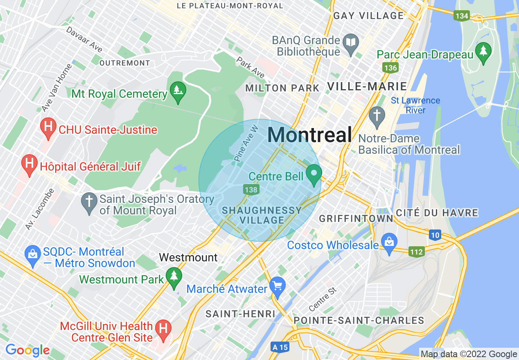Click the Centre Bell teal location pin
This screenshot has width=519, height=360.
tap(314, 174)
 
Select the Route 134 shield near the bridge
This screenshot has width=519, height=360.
tap(461, 16)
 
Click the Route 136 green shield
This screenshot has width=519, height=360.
tap(390, 67)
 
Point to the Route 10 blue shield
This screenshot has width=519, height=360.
tap(436, 235)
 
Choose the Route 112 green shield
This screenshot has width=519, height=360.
tap(416, 252)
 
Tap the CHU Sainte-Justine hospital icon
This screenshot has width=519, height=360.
tap(48, 128)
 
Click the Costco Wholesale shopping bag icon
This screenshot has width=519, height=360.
tap(388, 243)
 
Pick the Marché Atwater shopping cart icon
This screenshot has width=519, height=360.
tap(278, 288)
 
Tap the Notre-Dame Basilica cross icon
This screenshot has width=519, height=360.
tap(376, 115)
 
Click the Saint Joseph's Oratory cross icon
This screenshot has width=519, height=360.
tap(89, 203)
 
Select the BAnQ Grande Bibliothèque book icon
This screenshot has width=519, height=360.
tap(351, 44)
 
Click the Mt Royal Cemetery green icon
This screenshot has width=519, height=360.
tap(178, 90)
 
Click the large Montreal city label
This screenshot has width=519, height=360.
tap(309, 135)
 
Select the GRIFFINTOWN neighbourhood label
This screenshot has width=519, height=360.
tap(356, 218)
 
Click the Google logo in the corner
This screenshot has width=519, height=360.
tap(27, 350)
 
